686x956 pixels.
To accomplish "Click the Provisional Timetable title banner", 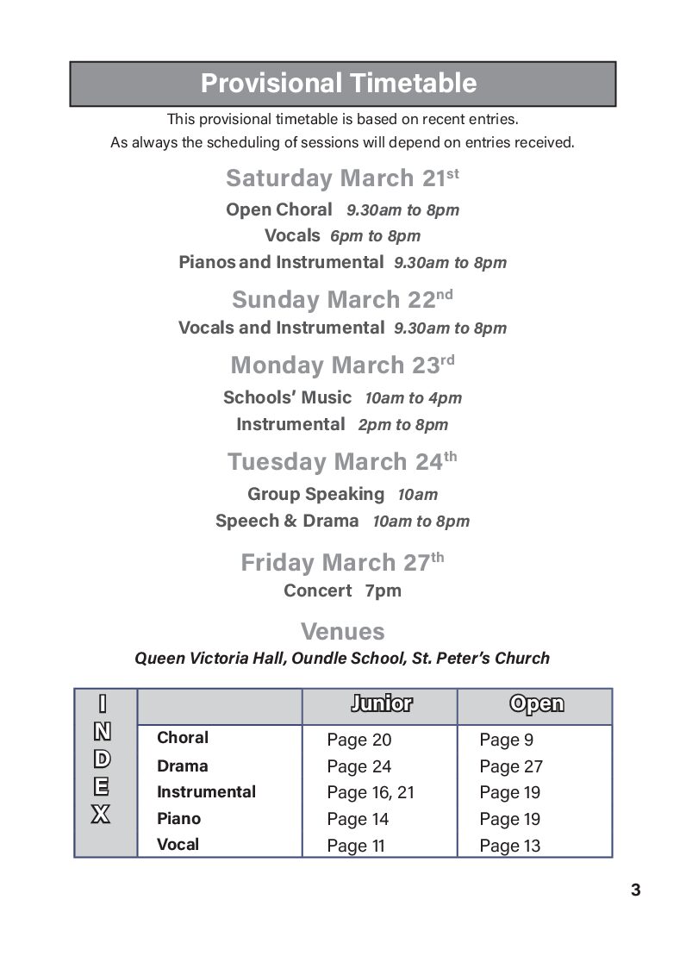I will pyautogui.click(x=342, y=84).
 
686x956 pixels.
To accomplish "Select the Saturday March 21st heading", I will pyautogui.click(x=342, y=178).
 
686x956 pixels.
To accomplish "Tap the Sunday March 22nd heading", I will pyautogui.click(x=342, y=300).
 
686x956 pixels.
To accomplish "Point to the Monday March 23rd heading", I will pyautogui.click(x=342, y=366).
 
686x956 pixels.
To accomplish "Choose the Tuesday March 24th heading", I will pyautogui.click(x=342, y=462).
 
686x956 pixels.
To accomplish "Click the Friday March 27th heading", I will pyautogui.click(x=342, y=563).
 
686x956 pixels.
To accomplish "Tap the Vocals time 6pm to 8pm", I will pyautogui.click(x=375, y=236).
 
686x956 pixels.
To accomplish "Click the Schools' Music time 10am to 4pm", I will pyautogui.click(x=413, y=398).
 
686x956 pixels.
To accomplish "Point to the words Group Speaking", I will pyautogui.click(x=315, y=494).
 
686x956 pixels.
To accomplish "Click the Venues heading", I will pyautogui.click(x=342, y=631).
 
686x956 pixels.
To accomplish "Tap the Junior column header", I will pyautogui.click(x=381, y=704).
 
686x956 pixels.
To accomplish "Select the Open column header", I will pyautogui.click(x=536, y=704).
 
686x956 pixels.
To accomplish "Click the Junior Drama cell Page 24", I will pyautogui.click(x=359, y=766).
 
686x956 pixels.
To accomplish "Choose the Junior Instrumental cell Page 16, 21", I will pyautogui.click(x=371, y=793).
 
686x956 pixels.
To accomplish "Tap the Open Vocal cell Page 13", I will pyautogui.click(x=510, y=846).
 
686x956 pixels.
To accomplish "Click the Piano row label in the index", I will pyautogui.click(x=178, y=819).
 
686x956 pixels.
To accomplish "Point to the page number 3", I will pyautogui.click(x=635, y=890).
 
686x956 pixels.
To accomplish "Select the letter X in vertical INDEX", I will pyautogui.click(x=102, y=814).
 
